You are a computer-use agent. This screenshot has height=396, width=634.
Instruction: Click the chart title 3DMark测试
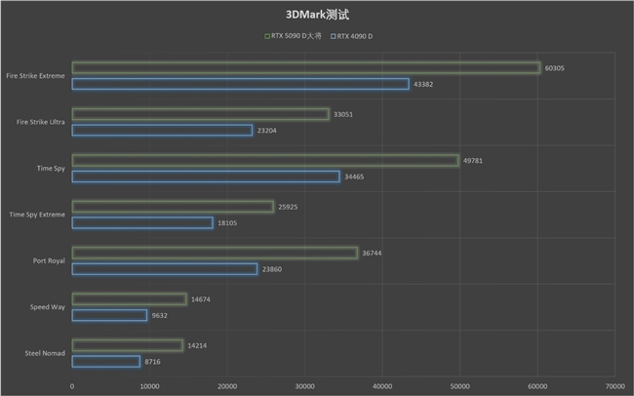click(317, 15)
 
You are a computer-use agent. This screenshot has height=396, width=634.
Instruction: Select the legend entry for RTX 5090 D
click(292, 36)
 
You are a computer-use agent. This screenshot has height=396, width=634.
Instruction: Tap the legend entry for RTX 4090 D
click(352, 36)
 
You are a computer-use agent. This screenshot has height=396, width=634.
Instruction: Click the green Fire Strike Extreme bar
click(305, 67)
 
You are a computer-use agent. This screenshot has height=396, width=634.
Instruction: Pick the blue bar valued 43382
click(240, 84)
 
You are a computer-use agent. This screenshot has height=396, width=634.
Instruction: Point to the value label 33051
click(342, 114)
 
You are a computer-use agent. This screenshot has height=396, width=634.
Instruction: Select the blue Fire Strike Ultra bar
click(162, 130)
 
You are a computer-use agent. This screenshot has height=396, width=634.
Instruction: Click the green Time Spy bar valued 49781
click(264, 160)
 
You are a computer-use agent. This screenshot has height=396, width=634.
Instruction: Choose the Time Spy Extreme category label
click(37, 214)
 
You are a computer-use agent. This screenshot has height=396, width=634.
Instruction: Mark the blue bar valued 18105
click(142, 223)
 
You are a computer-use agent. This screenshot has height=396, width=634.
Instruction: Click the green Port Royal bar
click(215, 253)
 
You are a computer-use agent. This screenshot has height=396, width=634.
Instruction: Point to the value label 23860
click(271, 269)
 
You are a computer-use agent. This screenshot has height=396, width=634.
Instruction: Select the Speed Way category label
click(48, 307)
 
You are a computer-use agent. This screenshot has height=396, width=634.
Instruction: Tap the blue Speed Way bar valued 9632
click(109, 315)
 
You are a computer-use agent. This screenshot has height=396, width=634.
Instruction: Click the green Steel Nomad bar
click(127, 345)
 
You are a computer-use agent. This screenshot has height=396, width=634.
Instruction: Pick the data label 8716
click(152, 362)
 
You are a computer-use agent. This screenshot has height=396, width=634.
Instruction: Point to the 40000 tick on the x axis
click(381, 386)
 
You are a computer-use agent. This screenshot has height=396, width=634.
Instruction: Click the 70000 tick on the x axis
click(614, 386)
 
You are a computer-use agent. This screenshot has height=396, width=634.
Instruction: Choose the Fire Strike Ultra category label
click(41, 122)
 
